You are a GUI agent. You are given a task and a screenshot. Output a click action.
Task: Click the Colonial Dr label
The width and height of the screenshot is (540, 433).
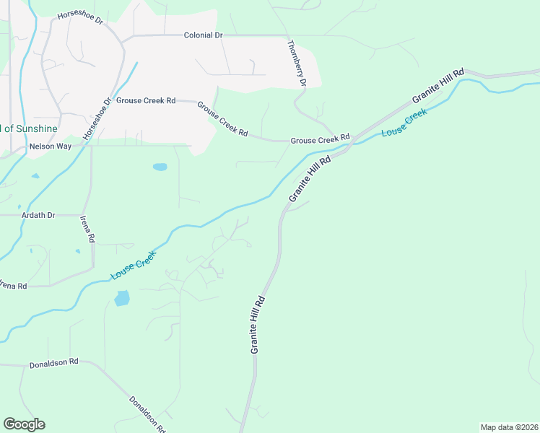(x=203, y=35)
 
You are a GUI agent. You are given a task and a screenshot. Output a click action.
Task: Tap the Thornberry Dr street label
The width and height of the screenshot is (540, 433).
(x=297, y=64)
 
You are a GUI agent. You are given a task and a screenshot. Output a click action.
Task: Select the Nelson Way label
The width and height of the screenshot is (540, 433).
(x=50, y=146)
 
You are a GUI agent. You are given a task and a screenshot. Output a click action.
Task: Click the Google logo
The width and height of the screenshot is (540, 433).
(x=24, y=424)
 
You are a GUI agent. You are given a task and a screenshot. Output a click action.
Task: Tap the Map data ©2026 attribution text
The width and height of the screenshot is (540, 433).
(x=509, y=427)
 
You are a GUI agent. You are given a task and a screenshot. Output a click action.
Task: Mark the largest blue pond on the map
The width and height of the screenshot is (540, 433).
(x=122, y=297)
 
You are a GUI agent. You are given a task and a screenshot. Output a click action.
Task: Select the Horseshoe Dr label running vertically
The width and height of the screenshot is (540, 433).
(x=98, y=118)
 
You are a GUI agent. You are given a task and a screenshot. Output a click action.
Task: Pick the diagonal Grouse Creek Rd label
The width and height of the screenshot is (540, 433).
(x=222, y=119)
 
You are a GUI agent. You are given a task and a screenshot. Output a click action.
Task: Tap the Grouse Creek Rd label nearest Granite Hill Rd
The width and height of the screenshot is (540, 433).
(x=320, y=139)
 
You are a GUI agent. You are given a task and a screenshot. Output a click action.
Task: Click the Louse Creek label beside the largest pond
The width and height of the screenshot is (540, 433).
(x=133, y=265)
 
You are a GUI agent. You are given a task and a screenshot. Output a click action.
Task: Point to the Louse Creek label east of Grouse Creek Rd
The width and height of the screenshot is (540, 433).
(x=404, y=122)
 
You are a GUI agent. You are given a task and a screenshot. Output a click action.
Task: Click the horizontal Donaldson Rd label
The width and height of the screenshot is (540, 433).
(x=53, y=364)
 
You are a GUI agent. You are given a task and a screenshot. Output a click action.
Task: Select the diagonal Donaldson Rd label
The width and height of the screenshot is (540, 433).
(x=148, y=414)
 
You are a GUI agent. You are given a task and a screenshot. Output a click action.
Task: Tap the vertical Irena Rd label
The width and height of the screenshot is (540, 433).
(x=87, y=229)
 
